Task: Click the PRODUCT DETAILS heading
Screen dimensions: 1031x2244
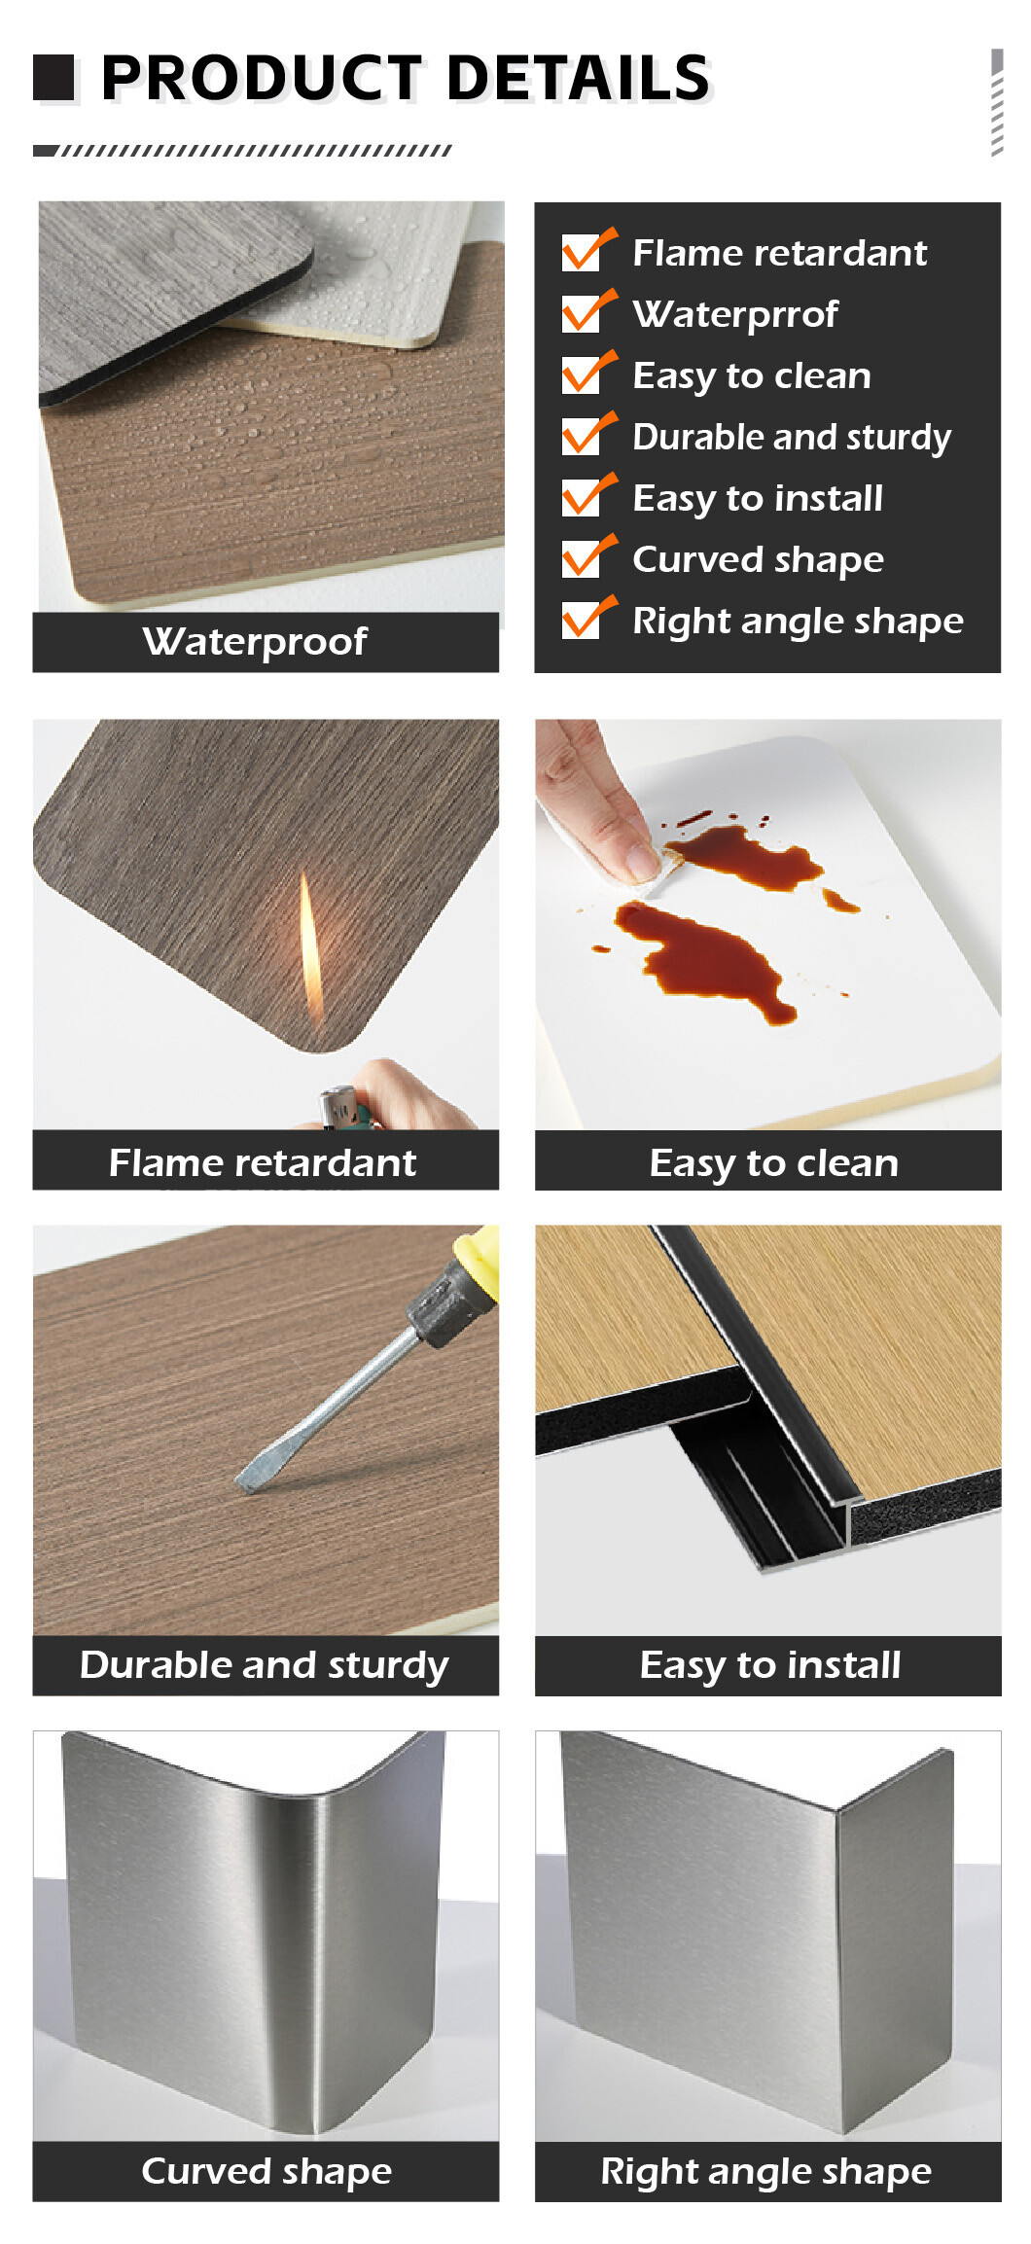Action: point(406,78)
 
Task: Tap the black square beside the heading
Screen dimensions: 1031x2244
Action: point(53,78)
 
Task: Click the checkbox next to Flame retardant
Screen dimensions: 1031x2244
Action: point(588,250)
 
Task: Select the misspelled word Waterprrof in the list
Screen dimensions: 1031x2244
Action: point(735,314)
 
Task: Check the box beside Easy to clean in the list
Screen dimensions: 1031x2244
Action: point(588,373)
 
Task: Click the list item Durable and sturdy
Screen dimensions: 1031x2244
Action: point(792,438)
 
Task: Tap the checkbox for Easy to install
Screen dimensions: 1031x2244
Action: point(588,495)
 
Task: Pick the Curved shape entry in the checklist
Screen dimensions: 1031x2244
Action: point(759,560)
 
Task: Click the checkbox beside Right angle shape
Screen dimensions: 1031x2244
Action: point(588,618)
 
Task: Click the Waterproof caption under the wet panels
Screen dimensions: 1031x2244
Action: point(255,642)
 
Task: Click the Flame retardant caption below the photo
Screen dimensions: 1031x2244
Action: point(263,1162)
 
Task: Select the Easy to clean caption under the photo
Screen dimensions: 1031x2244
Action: point(774,1163)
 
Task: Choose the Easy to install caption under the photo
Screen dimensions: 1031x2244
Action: point(770,1665)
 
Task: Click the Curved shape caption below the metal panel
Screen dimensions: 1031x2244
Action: point(267,2171)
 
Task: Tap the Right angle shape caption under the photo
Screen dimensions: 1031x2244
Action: point(766,2171)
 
